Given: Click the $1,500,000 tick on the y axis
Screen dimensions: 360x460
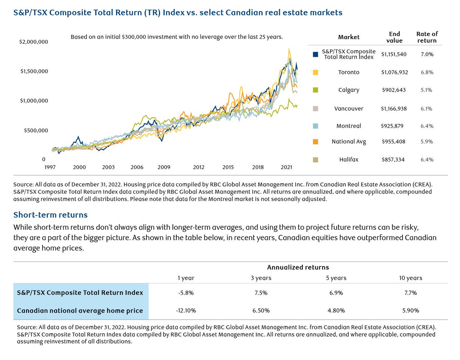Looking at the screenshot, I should point(34,71).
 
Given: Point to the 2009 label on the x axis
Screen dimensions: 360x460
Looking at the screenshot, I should point(164,167).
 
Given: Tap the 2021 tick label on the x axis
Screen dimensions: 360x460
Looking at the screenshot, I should point(286,167).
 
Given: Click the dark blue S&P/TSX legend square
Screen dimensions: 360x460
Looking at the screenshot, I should point(315,54).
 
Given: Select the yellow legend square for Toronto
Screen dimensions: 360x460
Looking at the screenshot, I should point(315,72).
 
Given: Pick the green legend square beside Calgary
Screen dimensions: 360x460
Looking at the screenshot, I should point(315,90).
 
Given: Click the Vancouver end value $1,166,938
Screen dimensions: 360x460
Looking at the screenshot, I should point(394,108).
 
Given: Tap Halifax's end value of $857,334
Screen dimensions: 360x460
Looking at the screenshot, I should point(394,159).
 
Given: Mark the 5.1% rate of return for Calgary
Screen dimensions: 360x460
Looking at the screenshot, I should point(427,90).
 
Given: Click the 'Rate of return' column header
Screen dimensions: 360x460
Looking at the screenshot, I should point(427,37).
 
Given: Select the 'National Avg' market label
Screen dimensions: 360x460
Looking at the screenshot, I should point(348,141).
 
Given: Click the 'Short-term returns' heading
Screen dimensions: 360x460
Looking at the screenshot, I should point(51,214).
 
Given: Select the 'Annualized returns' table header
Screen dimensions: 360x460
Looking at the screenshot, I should point(298,267).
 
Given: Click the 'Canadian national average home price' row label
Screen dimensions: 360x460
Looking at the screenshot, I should point(80,311).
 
